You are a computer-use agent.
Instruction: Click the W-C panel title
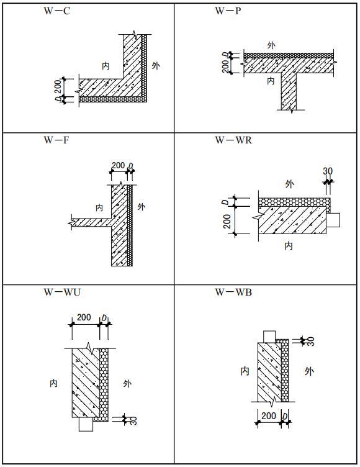(x=56, y=11)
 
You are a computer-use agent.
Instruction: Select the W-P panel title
(x=228, y=11)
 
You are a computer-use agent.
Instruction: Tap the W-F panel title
(x=56, y=140)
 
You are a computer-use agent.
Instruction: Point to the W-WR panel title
(x=233, y=140)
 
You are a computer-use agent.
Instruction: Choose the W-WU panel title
(x=62, y=292)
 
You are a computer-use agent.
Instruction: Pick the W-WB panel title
(x=233, y=292)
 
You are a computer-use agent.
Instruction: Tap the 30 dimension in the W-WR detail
(x=328, y=171)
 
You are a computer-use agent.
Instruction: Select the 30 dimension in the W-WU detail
(x=133, y=420)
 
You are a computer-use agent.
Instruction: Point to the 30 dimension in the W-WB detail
(x=310, y=342)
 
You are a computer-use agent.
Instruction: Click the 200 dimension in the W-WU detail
(x=84, y=317)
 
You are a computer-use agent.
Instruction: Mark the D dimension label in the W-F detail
(x=130, y=166)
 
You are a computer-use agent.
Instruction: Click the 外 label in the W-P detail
(x=271, y=45)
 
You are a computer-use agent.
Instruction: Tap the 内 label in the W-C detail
(x=106, y=66)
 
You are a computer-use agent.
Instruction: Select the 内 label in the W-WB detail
(x=245, y=371)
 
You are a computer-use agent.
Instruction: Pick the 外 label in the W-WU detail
(x=127, y=383)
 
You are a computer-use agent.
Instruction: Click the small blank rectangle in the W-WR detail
(x=333, y=220)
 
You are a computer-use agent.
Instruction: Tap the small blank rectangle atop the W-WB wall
(x=270, y=336)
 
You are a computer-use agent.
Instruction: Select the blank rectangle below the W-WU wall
(x=86, y=424)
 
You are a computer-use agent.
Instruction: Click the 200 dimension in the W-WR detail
(x=227, y=221)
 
